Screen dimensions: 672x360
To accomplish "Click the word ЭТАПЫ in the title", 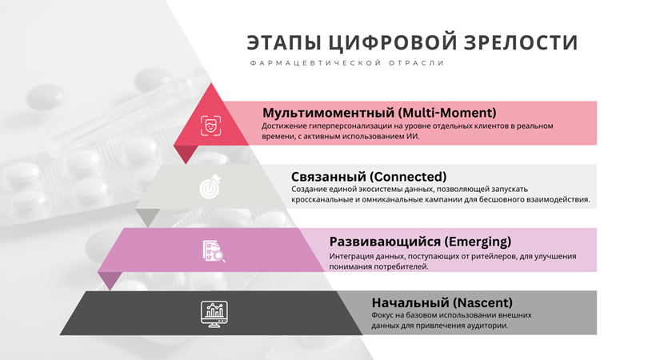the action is (x=284, y=42).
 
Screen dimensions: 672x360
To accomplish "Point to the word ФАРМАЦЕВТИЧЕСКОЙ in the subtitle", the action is (x=315, y=63).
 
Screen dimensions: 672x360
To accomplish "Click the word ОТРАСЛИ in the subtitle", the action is (x=417, y=63).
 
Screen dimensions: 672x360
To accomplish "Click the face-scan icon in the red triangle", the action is (x=211, y=126).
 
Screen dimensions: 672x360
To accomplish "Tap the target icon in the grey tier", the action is (x=211, y=186).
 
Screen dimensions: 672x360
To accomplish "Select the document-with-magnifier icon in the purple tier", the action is (x=214, y=250).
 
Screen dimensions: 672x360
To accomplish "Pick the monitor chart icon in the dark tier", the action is (x=214, y=314).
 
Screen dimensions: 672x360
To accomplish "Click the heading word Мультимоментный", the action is (x=328, y=113).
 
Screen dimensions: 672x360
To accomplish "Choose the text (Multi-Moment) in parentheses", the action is (x=447, y=113).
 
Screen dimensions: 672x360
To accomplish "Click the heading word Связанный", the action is (x=328, y=177).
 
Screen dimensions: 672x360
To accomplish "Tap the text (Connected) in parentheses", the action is (x=408, y=177).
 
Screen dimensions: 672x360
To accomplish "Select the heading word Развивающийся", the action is (x=385, y=242).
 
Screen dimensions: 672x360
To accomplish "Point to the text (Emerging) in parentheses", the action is (x=478, y=242).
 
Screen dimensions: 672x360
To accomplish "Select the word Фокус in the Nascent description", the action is (x=381, y=315).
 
